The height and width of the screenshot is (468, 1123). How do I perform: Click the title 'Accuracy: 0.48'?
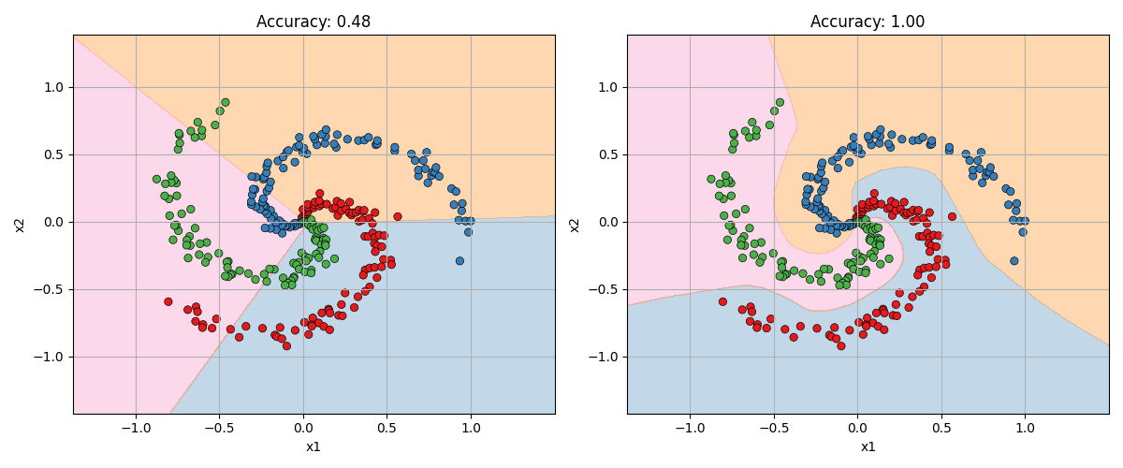[314, 22]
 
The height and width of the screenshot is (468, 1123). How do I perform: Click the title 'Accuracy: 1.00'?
[868, 22]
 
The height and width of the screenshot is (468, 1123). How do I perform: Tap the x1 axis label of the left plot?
[314, 446]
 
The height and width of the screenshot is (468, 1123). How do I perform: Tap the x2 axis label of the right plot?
[575, 225]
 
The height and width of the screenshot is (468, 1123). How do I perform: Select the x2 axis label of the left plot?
[21, 225]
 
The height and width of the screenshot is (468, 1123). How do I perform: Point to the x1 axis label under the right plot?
[868, 446]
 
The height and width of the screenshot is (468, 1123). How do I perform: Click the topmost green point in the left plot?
[226, 103]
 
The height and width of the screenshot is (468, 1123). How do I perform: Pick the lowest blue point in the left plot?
[459, 261]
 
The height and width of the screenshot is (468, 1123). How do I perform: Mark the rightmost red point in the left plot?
[398, 216]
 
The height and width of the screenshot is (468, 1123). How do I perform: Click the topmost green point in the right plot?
[780, 103]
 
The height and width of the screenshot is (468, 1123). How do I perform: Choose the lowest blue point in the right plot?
[1014, 261]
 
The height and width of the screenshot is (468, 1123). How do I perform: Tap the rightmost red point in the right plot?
[952, 216]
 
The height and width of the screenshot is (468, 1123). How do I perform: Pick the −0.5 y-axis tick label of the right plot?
[607, 289]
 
